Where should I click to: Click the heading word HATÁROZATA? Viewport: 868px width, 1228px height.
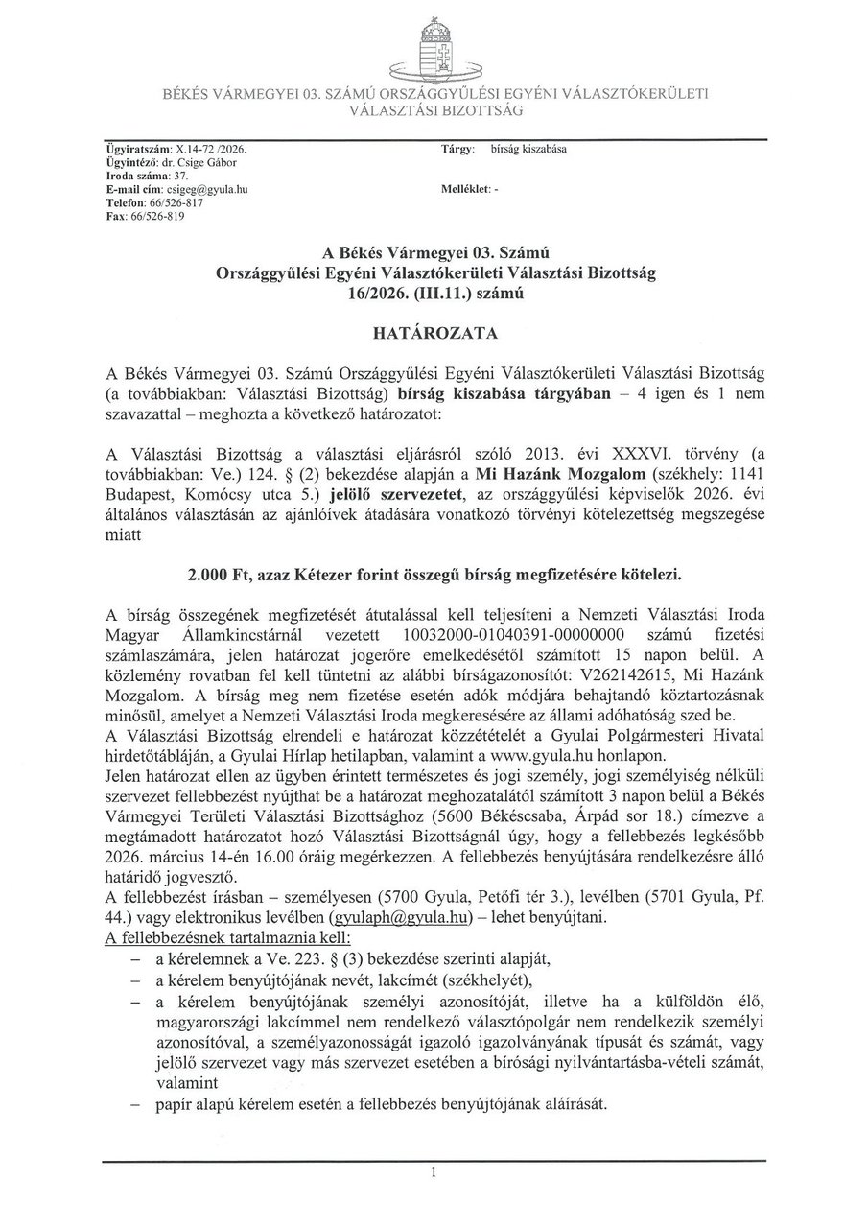point(434,333)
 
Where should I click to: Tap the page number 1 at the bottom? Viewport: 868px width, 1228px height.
point(434,1172)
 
